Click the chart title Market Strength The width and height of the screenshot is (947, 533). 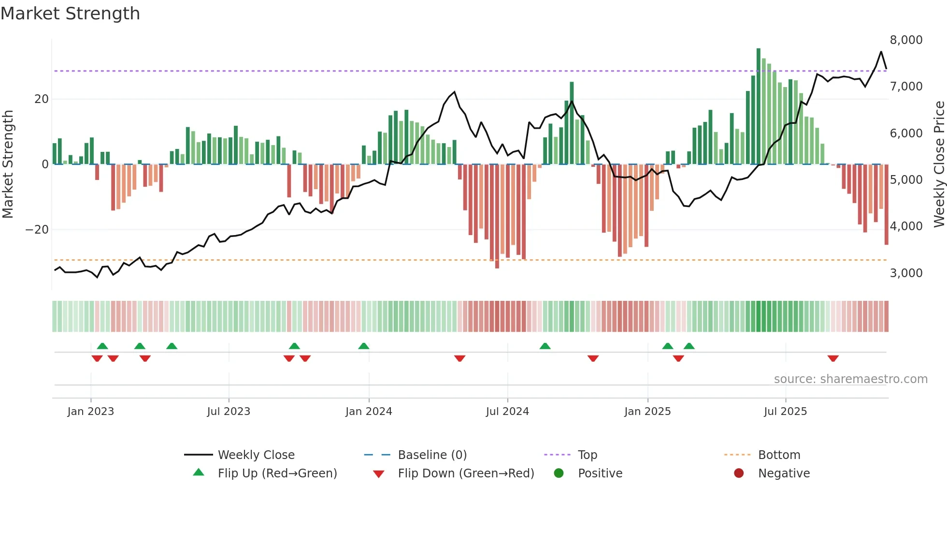(x=71, y=14)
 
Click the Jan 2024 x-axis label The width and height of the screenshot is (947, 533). (x=369, y=412)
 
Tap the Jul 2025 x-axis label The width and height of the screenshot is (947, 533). (x=785, y=412)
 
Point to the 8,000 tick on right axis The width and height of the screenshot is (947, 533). (x=906, y=40)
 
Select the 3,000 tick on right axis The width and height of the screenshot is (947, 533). (x=906, y=273)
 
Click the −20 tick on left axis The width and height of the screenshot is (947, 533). (x=37, y=230)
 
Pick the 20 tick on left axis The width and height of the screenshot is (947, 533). (x=42, y=99)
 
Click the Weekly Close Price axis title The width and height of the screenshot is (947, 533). (x=939, y=164)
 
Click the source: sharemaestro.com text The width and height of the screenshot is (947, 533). (x=850, y=379)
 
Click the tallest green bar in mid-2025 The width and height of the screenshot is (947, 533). (x=759, y=106)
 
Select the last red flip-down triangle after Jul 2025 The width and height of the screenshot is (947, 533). (x=833, y=358)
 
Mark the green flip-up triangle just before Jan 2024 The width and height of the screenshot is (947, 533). (x=364, y=346)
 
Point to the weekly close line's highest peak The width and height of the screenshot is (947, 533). (x=881, y=52)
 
